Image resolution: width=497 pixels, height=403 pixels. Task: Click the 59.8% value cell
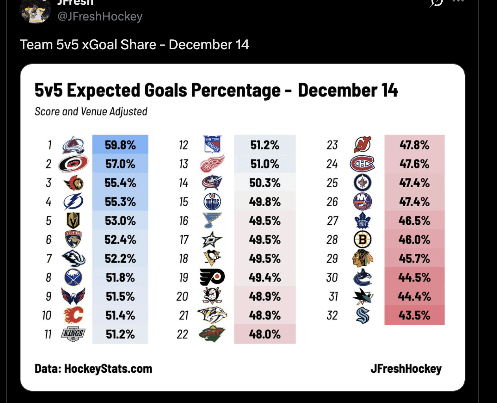[120, 145]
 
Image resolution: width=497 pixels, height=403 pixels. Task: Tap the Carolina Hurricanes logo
[73, 164]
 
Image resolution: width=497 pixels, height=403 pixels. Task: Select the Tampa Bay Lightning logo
[73, 202]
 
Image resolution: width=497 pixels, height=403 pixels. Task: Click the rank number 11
[48, 334]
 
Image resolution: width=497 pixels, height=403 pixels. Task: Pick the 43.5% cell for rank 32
[414, 315]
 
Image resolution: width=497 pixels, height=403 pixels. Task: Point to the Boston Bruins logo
[362, 240]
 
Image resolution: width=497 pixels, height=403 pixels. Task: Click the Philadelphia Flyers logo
[212, 277]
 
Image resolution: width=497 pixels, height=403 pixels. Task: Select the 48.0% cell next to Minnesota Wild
[265, 334]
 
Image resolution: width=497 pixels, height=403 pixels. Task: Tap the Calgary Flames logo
[73, 315]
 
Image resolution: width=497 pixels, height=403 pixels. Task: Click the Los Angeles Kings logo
[73, 334]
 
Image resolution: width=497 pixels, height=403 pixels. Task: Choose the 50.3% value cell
[265, 183]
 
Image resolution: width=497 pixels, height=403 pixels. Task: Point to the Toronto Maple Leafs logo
[362, 221]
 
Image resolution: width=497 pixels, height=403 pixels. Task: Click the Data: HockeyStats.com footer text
[93, 369]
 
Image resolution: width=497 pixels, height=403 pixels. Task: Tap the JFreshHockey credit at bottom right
[406, 369]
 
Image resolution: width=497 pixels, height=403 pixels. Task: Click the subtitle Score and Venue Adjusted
[91, 112]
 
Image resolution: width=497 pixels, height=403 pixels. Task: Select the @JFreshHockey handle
[100, 17]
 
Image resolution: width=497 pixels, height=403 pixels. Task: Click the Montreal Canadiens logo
[362, 164]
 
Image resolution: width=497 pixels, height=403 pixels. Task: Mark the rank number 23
[332, 145]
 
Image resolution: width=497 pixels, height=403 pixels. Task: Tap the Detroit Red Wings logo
[212, 164]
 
